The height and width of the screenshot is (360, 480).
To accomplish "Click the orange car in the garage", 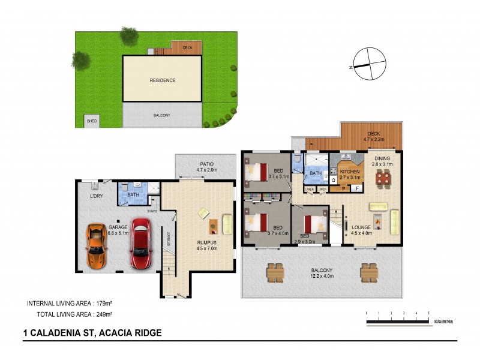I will (x=96, y=246).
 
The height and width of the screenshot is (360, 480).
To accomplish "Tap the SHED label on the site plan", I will (x=91, y=121).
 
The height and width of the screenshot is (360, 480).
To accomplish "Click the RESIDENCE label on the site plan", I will (x=163, y=80).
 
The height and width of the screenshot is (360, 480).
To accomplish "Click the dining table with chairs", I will (x=382, y=178).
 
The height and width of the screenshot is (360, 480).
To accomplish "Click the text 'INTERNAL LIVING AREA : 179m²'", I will (x=71, y=303).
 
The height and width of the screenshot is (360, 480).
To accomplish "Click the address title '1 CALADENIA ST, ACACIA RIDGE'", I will (x=92, y=332).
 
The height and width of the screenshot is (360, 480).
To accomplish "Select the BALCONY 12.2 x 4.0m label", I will (x=321, y=274).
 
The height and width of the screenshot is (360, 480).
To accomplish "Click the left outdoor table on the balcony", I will (x=275, y=273).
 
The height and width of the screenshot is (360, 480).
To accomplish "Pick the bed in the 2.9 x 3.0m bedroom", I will (x=312, y=223).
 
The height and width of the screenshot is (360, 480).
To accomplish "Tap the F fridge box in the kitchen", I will (x=356, y=190).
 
